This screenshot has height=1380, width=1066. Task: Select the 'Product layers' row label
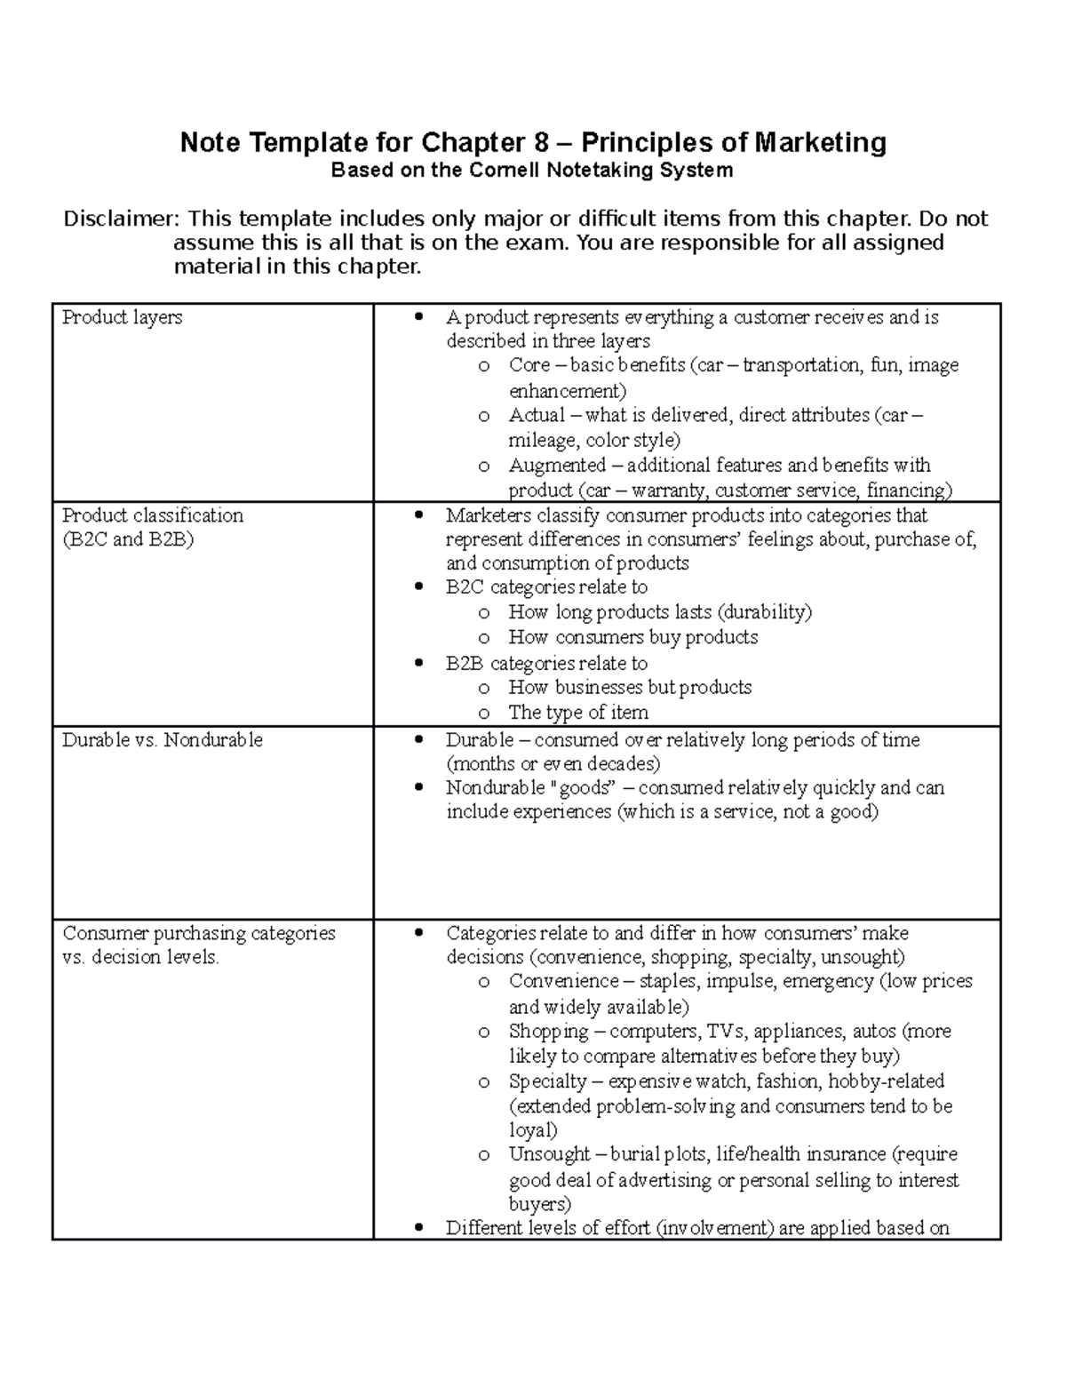[x=122, y=317]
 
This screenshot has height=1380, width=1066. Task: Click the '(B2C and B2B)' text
[x=127, y=539]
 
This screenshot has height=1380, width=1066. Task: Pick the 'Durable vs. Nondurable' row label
[x=163, y=739]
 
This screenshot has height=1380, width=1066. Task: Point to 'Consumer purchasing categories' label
[x=199, y=933]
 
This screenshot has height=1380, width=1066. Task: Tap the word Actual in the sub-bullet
[x=537, y=415]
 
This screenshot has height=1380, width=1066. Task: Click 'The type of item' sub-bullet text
[x=578, y=712]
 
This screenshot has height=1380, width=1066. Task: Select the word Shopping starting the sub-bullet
[x=548, y=1031]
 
